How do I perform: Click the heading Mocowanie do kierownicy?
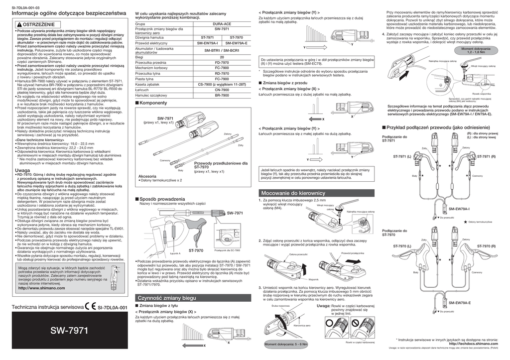point(292,193)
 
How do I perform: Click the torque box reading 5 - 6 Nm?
point(286,344)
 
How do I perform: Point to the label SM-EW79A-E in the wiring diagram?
point(459,303)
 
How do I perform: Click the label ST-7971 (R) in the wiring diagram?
point(486,156)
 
